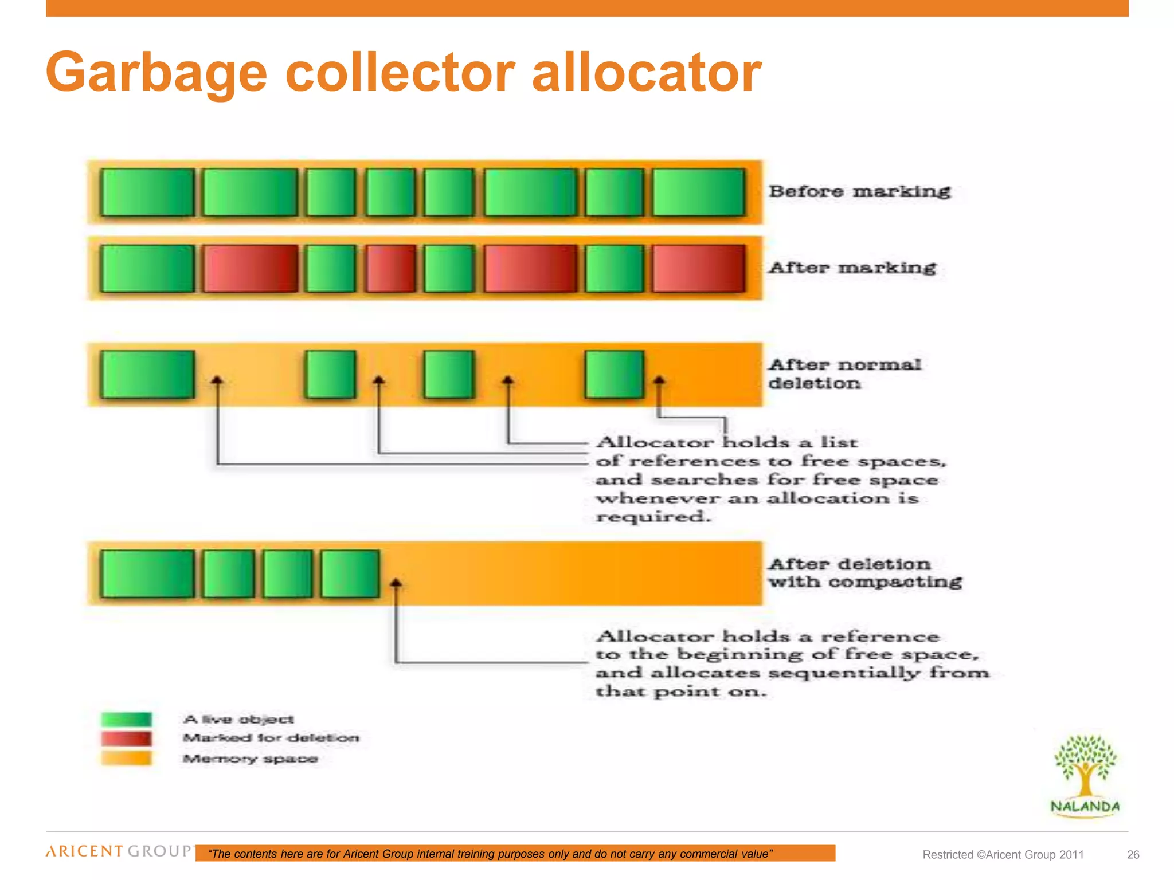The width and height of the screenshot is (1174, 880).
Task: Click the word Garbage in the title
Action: [156, 73]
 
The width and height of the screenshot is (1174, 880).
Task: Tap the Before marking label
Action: [859, 191]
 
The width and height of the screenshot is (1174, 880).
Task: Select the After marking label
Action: [852, 268]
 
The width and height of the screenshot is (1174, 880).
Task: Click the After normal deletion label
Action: [844, 374]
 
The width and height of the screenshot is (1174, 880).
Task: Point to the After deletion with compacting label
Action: [864, 573]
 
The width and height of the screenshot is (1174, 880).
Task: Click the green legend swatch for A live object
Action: [127, 719]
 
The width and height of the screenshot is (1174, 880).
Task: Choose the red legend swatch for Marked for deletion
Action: [127, 738]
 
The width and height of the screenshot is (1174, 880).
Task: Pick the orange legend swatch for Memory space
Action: [127, 759]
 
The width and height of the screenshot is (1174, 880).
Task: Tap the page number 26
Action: [1133, 855]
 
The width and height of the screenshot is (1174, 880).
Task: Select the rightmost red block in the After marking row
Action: [699, 269]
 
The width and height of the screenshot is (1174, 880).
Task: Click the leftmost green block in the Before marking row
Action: [147, 192]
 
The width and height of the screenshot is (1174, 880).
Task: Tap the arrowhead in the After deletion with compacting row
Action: [396, 583]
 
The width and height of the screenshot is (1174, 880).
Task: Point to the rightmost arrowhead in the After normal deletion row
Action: [659, 380]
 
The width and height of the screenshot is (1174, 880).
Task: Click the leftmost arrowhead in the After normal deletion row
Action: [217, 380]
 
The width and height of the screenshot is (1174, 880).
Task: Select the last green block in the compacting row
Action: [350, 573]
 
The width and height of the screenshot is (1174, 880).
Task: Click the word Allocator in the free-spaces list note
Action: [655, 442]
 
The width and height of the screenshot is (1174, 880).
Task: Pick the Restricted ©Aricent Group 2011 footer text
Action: [1003, 855]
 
